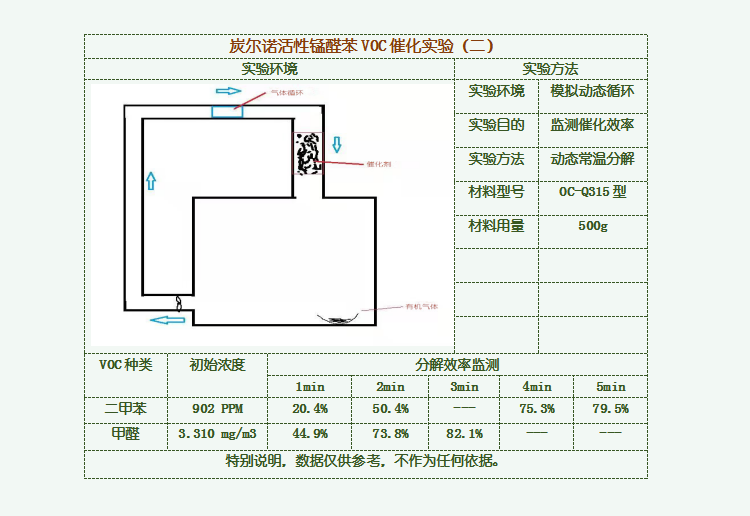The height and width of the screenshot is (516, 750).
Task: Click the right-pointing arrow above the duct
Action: pyautogui.click(x=227, y=91)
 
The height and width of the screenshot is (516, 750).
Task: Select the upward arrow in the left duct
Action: pyautogui.click(x=151, y=180)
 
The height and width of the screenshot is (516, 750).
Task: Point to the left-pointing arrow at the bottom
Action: pyautogui.click(x=167, y=319)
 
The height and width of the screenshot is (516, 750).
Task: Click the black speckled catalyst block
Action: pyautogui.click(x=308, y=154)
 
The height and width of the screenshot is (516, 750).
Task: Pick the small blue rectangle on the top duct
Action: pyautogui.click(x=227, y=111)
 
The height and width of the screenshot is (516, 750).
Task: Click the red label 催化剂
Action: pyautogui.click(x=378, y=163)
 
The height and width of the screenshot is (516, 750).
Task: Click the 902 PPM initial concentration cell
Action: pyautogui.click(x=217, y=408)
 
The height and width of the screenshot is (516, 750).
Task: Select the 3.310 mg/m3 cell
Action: pyautogui.click(x=217, y=434)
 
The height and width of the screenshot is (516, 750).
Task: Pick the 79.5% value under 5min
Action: pyautogui.click(x=610, y=408)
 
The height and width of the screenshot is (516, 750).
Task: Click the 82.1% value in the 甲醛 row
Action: pyautogui.click(x=465, y=434)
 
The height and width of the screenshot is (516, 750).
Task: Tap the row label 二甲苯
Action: pyautogui.click(x=125, y=408)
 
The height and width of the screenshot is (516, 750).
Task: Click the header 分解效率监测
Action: pyautogui.click(x=457, y=365)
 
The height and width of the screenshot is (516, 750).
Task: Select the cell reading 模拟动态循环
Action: pyautogui.click(x=593, y=91)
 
